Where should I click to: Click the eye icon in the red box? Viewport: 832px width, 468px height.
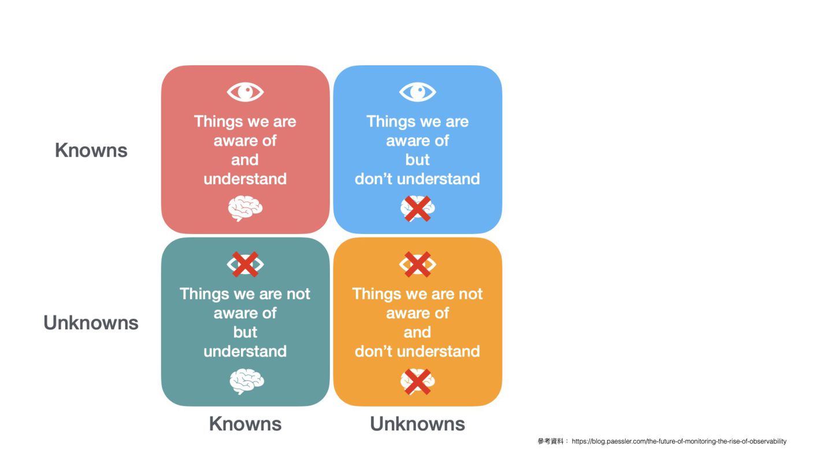245,92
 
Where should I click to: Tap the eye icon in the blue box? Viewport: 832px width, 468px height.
418,92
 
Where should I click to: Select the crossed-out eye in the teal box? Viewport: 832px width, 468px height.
245,264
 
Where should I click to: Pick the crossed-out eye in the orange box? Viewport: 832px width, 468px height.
418,264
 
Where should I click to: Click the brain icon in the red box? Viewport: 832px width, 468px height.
245,208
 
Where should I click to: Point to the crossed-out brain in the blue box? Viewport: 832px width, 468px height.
418,208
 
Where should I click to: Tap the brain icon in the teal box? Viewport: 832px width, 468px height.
247,381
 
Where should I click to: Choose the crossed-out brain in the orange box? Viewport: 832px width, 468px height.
418,381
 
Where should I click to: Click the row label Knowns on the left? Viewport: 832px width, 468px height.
91,150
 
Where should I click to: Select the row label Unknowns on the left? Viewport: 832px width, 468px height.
91,322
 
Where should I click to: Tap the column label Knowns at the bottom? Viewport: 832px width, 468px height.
245,424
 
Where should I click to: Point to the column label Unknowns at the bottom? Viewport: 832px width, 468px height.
417,424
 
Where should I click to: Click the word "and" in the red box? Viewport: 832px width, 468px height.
245,159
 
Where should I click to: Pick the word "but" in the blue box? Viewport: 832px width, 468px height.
417,159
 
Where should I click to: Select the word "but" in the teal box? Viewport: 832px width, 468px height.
245,332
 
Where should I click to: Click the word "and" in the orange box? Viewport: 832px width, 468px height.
417,332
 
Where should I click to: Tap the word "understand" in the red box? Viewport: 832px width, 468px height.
245,179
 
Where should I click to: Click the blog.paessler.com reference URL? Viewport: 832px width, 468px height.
679,441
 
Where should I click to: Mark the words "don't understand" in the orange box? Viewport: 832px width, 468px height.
417,351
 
